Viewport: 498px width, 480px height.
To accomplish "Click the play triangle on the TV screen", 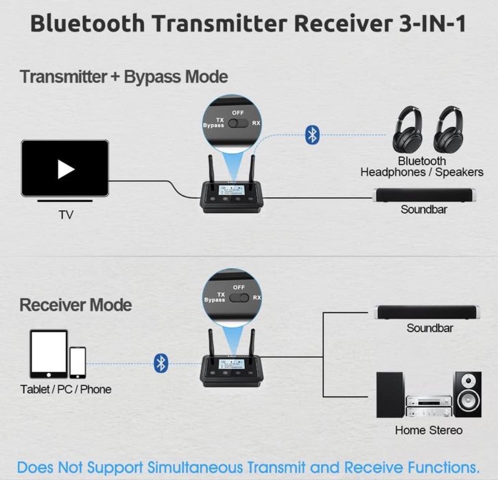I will click(65, 169).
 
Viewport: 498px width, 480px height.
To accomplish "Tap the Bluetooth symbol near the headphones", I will click(312, 135).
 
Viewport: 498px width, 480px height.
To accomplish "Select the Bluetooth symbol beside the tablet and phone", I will click(161, 362).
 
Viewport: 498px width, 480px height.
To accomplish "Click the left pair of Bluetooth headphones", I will click(410, 130).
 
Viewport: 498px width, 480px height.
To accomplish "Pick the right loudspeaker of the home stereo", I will click(469, 396).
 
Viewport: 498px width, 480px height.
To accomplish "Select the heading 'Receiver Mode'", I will click(75, 305).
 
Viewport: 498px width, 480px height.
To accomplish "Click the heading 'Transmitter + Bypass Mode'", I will click(123, 76).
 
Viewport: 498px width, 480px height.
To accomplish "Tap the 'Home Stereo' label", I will click(429, 431).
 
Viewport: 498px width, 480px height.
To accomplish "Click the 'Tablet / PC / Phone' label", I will click(66, 389).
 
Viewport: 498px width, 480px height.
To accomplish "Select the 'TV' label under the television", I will click(65, 215).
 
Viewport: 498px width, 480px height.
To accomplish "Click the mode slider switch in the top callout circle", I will click(238, 124).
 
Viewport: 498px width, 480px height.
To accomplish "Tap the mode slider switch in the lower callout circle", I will click(239, 299).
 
